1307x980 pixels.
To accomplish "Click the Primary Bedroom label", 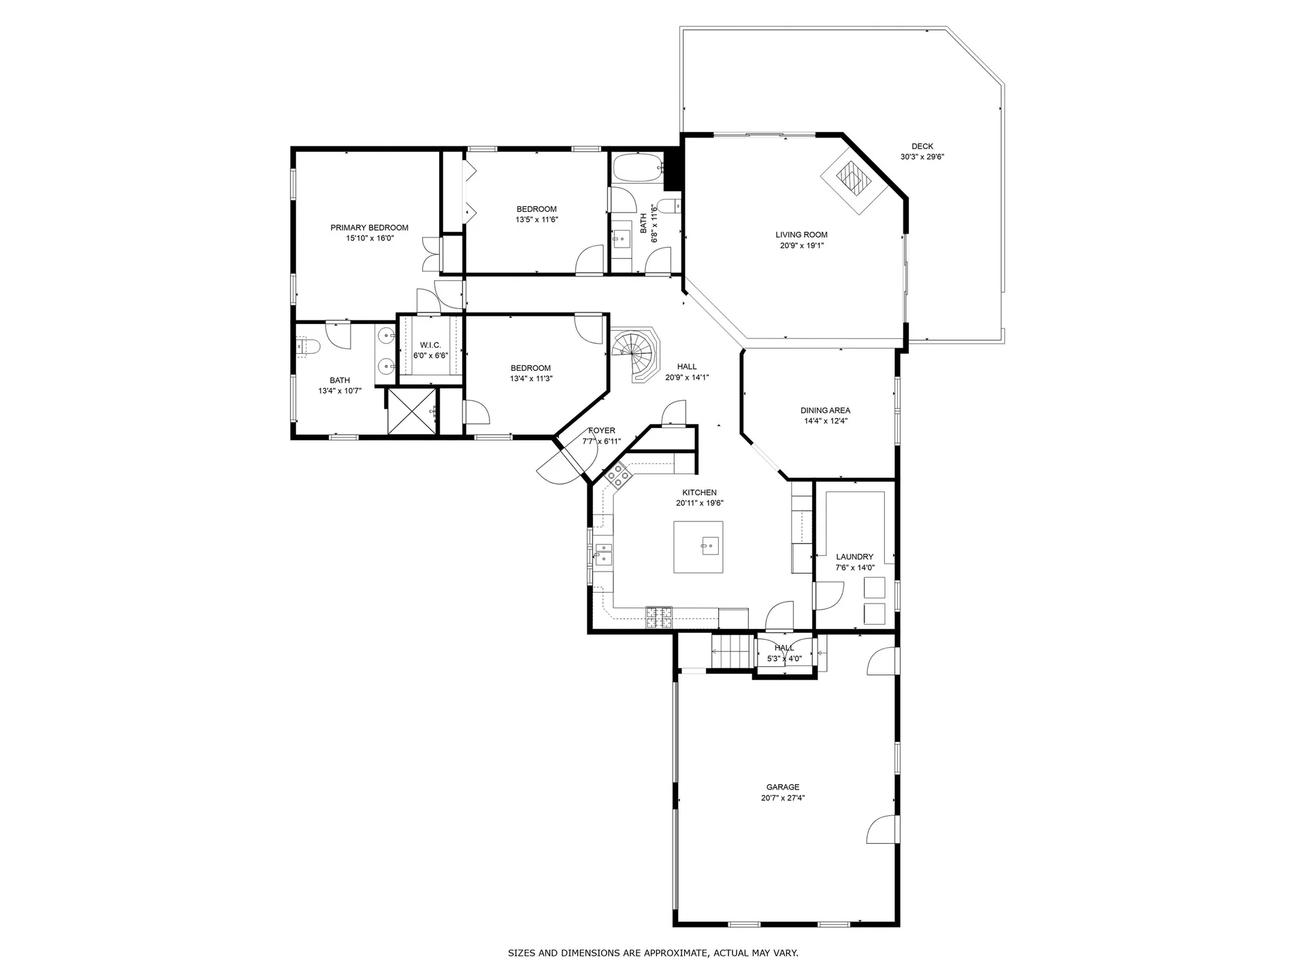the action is (369, 227).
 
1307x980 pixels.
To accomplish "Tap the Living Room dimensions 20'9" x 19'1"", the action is (801, 246).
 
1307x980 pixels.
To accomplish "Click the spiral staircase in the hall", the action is (636, 355).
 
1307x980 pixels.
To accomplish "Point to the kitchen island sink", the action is (709, 544).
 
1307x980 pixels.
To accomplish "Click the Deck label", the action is (922, 146).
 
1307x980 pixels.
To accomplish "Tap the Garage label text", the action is (783, 787).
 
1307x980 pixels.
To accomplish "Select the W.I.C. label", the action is (430, 345).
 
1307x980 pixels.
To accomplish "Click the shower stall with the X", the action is (411, 410).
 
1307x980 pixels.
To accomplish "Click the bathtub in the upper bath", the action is (637, 167).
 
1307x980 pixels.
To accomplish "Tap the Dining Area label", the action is (825, 410).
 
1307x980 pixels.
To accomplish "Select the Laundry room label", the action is (854, 557).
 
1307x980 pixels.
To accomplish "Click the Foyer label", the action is (602, 431).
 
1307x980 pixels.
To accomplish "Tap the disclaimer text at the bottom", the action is (653, 953).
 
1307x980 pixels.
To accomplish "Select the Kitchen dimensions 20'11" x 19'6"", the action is (699, 504).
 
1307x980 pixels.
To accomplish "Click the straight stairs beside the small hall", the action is (730, 651).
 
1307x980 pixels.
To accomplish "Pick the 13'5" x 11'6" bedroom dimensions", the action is (536, 220).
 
